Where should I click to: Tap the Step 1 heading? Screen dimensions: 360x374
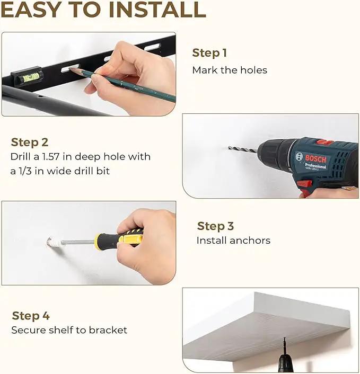209,53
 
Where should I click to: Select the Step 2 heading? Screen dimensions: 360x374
30,143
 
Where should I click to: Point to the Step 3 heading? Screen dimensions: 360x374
215,226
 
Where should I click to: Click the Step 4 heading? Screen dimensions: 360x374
31,316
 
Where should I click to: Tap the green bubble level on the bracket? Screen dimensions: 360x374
31,77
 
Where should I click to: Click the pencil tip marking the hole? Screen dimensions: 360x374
71,69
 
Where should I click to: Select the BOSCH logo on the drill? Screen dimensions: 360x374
315,158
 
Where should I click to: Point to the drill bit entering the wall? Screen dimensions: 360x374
242,149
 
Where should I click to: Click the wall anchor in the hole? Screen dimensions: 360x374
54,242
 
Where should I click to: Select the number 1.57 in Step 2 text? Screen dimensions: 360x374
50,157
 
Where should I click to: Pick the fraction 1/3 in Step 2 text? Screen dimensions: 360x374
25,171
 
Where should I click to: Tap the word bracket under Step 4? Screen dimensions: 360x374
108,330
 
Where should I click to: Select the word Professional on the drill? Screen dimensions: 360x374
315,165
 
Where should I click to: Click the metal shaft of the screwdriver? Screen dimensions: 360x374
78,242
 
